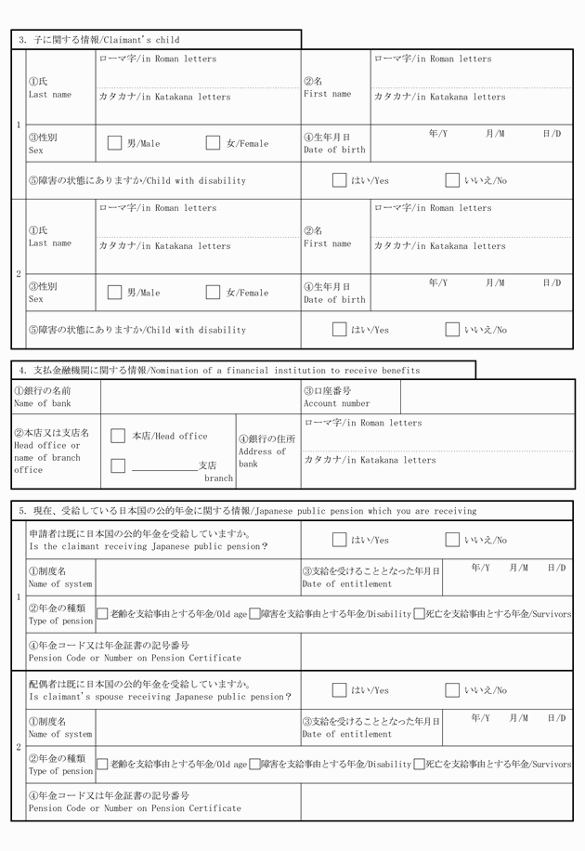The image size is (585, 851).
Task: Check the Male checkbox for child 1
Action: [114, 143]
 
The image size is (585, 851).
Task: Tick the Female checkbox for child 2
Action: [213, 293]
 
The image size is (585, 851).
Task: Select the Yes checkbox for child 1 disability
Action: [339, 180]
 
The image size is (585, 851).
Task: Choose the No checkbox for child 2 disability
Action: [452, 330]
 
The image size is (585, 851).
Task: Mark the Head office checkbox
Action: [118, 436]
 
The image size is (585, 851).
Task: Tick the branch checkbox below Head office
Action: [118, 465]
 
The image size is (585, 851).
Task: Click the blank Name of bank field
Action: [200, 397]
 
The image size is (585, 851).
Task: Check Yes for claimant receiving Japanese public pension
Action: [339, 540]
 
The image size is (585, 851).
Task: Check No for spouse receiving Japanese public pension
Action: [452, 690]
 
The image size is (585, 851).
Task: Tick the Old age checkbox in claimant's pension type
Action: [102, 614]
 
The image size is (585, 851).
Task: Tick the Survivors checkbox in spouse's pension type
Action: [419, 765]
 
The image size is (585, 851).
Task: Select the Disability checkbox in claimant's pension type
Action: [253, 614]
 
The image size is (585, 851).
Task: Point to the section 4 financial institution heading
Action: [219, 370]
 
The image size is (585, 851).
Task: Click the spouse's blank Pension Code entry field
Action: [435, 802]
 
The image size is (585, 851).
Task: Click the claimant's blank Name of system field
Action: [198, 577]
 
